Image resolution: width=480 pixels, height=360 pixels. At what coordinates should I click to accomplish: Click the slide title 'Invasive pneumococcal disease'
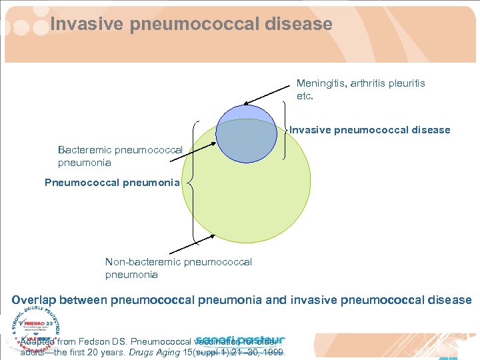click(191, 25)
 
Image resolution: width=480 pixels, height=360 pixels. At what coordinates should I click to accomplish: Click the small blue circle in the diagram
click(247, 133)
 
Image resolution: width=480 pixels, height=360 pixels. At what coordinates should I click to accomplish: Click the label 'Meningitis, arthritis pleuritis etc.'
click(360, 89)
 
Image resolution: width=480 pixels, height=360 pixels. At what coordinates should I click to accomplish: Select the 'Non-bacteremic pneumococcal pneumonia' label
click(178, 268)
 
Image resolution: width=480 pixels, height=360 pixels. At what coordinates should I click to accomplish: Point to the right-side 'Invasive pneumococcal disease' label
click(370, 130)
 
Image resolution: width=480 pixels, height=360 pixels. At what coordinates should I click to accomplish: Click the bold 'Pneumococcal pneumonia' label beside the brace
click(112, 182)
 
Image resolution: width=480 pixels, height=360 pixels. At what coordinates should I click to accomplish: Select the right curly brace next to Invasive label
click(285, 129)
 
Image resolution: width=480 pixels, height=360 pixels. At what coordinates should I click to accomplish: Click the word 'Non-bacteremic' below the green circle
click(142, 262)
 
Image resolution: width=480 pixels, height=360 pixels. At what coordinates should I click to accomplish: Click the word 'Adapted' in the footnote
click(39, 341)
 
